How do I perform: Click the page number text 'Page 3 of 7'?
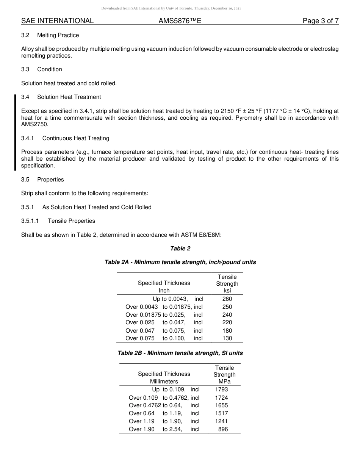[320, 21]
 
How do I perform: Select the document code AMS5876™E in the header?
[180, 21]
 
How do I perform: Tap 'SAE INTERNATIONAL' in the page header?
[57, 21]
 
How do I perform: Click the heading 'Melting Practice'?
[58, 35]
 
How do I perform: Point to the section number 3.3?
[25, 69]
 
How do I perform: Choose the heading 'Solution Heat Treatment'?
[69, 97]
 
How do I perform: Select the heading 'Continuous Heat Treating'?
[76, 138]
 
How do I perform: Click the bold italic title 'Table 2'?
[180, 249]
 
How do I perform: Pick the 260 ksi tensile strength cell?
[227, 299]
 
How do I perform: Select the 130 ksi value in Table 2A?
[227, 338]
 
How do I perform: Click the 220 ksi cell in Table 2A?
[227, 322]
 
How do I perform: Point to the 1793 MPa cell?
[221, 389]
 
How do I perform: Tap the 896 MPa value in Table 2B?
[223, 429]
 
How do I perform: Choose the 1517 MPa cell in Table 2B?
[221, 413]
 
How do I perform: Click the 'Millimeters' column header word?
[164, 382]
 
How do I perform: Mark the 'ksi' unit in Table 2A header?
[227, 291]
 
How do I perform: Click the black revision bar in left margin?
[15, 133]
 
